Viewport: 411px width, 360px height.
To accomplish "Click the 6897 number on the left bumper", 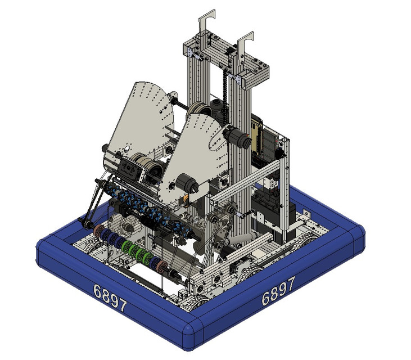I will (x=110, y=298).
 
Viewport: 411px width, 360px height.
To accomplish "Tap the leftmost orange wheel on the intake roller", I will (x=100, y=231).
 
